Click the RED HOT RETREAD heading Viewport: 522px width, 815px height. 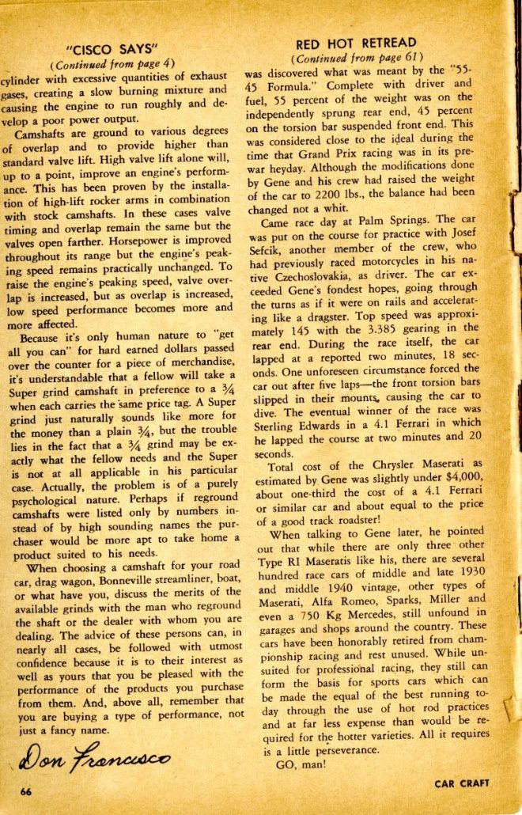(x=355, y=43)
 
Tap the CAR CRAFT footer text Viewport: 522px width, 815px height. (x=462, y=783)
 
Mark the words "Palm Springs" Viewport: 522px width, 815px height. (x=398, y=219)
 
